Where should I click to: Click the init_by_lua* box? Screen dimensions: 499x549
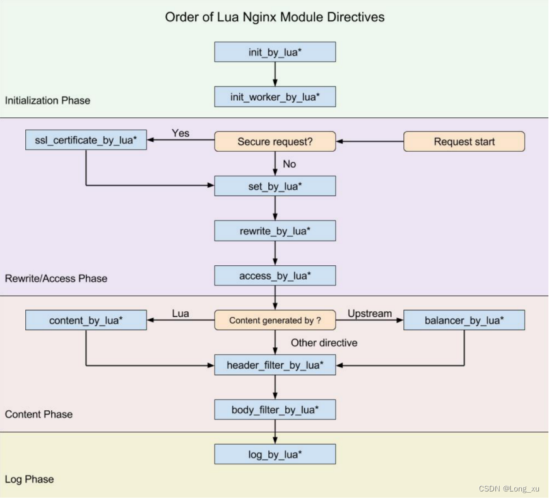[274, 52]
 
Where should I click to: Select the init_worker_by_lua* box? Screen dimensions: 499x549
[274, 96]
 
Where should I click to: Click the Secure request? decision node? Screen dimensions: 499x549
[274, 142]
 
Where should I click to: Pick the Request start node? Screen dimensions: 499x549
[464, 142]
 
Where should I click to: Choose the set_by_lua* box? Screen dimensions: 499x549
[274, 186]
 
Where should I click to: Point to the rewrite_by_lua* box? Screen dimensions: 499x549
[274, 231]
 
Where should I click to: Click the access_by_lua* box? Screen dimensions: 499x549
[274, 276]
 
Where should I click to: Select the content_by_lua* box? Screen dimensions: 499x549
[86, 320]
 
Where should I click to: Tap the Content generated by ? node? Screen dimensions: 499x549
[274, 320]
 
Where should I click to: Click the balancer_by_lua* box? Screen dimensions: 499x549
[464, 320]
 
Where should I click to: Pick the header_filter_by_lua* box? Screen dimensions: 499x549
[274, 365]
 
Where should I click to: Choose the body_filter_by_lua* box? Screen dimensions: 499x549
[274, 410]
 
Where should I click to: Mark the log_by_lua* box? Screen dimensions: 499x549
[274, 454]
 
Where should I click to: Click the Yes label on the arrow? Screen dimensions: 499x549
[180, 134]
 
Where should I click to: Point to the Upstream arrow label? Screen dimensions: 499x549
[369, 313]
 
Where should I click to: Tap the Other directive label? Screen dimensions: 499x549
[324, 343]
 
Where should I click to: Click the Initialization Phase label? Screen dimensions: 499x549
[47, 100]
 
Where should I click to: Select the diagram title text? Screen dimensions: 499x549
[274, 17]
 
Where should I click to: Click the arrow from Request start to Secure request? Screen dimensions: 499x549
[370, 142]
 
